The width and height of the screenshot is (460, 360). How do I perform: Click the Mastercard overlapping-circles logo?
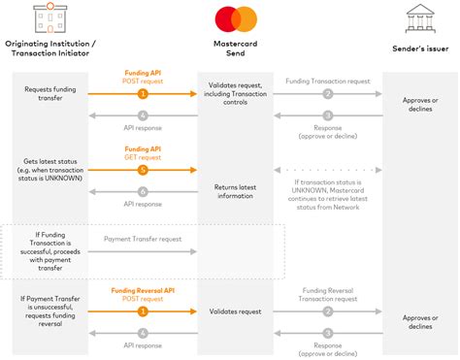tap(230, 18)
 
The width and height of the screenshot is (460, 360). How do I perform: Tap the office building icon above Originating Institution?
tap(49, 18)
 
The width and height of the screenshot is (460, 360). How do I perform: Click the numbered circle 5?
tap(142, 168)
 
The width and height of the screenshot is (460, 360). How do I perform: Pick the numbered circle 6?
tap(142, 192)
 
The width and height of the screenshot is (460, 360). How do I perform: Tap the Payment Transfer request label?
tap(142, 237)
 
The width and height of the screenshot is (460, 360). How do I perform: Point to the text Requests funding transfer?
tap(49, 94)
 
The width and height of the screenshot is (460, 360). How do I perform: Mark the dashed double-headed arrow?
tap(327, 168)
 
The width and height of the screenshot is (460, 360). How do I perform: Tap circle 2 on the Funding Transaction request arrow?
tap(327, 95)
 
